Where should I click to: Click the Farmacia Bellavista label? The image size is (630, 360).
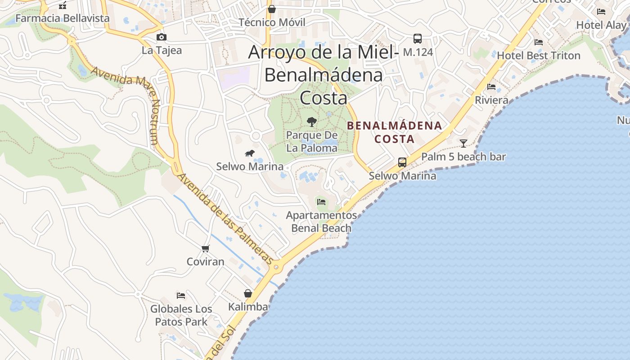(x=63, y=18)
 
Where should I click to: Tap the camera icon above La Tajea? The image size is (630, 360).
(x=162, y=37)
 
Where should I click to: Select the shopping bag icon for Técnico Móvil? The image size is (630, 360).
(x=272, y=9)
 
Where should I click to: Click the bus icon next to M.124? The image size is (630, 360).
(x=418, y=39)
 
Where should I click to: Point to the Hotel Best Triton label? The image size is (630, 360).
(x=539, y=56)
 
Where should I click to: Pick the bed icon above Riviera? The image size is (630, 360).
(x=491, y=87)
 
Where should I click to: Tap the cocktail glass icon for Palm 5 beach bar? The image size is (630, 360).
(x=463, y=144)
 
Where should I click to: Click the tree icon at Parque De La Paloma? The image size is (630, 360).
(x=311, y=121)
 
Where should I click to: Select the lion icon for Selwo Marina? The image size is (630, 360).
(x=250, y=153)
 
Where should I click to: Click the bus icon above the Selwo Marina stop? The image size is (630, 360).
(x=402, y=162)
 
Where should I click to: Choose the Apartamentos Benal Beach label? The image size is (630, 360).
(x=321, y=222)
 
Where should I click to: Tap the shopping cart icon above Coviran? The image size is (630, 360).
(x=206, y=248)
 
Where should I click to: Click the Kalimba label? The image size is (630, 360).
(x=248, y=307)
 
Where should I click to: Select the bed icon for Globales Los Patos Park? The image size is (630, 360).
(x=181, y=296)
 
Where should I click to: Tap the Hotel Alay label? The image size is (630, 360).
(x=601, y=25)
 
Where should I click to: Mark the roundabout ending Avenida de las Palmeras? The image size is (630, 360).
(x=276, y=267)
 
